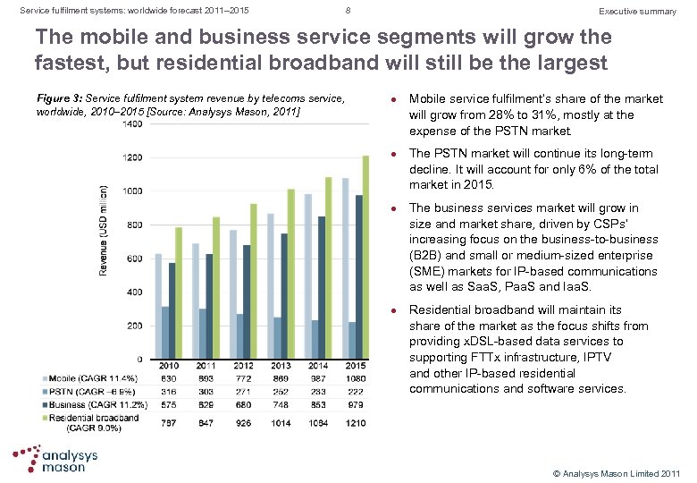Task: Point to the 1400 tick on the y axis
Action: tap(131, 124)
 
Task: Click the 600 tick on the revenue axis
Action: tap(134, 258)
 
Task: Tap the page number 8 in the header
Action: tap(347, 11)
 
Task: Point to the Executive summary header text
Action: tap(637, 11)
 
